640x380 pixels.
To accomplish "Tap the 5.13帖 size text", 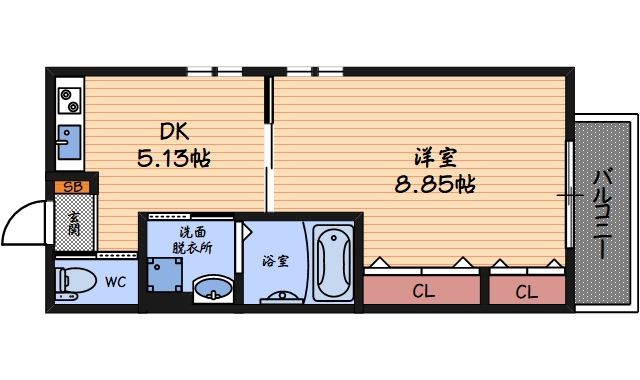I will [173, 158].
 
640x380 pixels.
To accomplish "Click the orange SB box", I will [72, 186].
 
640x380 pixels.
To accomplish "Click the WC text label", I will [116, 282].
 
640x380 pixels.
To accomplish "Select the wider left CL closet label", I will [423, 292].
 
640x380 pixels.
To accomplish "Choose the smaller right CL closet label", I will [526, 292].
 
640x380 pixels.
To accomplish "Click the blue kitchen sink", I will [68, 140].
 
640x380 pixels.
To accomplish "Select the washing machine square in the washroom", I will [162, 273].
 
